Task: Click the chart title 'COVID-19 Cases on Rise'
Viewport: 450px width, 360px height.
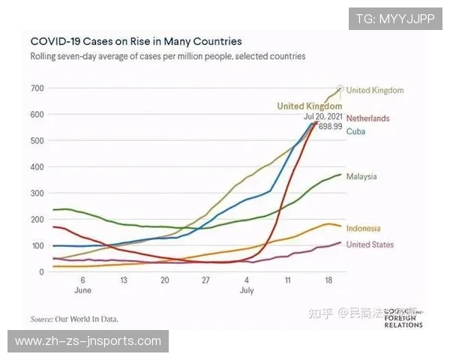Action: pos(136,41)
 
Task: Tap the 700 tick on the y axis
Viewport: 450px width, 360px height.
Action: pos(37,88)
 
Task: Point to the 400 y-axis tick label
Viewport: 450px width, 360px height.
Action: pos(37,167)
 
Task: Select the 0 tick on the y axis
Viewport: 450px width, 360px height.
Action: pos(42,271)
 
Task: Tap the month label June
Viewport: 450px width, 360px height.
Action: pos(83,289)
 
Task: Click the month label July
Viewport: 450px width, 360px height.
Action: pos(247,289)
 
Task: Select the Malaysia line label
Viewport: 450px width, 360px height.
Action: pos(361,176)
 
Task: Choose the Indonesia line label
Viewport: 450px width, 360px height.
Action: pos(363,228)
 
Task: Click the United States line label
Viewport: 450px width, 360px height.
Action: pos(370,244)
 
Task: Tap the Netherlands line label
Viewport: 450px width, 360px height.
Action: pos(367,118)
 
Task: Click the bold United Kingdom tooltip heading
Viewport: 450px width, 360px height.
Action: pos(309,106)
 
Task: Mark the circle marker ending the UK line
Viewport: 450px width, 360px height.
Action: pos(341,88)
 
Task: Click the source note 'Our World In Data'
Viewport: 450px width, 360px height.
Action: pos(74,318)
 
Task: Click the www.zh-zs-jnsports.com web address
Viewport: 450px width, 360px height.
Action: pos(88,341)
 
